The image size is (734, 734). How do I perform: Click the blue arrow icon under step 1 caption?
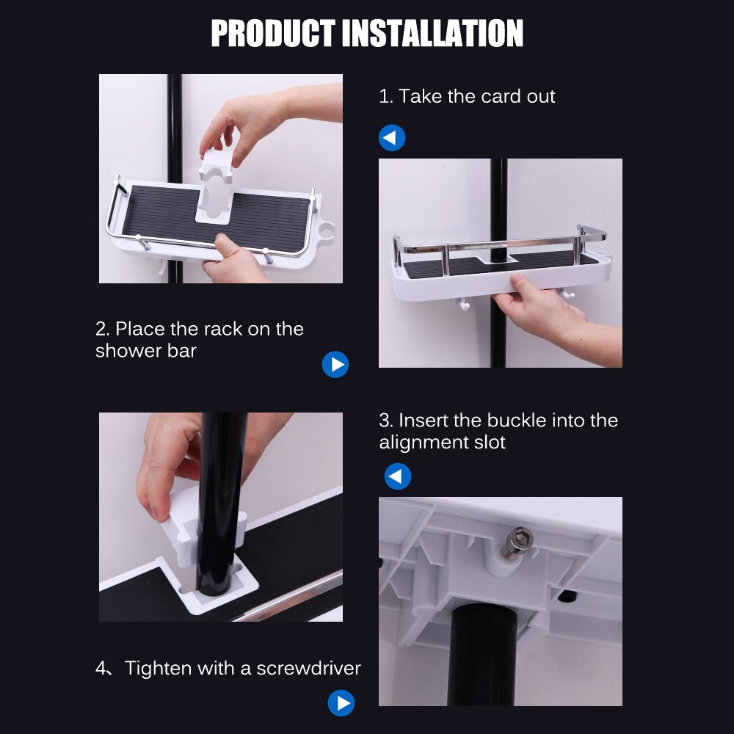[x=392, y=138]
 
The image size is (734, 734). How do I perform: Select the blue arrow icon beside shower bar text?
[x=335, y=365]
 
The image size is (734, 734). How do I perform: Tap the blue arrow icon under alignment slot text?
[x=398, y=477]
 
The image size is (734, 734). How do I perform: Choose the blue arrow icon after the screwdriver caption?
[x=341, y=703]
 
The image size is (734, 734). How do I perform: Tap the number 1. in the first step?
[x=385, y=96]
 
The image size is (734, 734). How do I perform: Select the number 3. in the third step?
[x=386, y=421]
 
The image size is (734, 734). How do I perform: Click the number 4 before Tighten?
[x=101, y=668]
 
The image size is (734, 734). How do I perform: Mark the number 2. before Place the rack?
[x=102, y=329]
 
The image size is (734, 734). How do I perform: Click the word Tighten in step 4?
[x=159, y=668]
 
